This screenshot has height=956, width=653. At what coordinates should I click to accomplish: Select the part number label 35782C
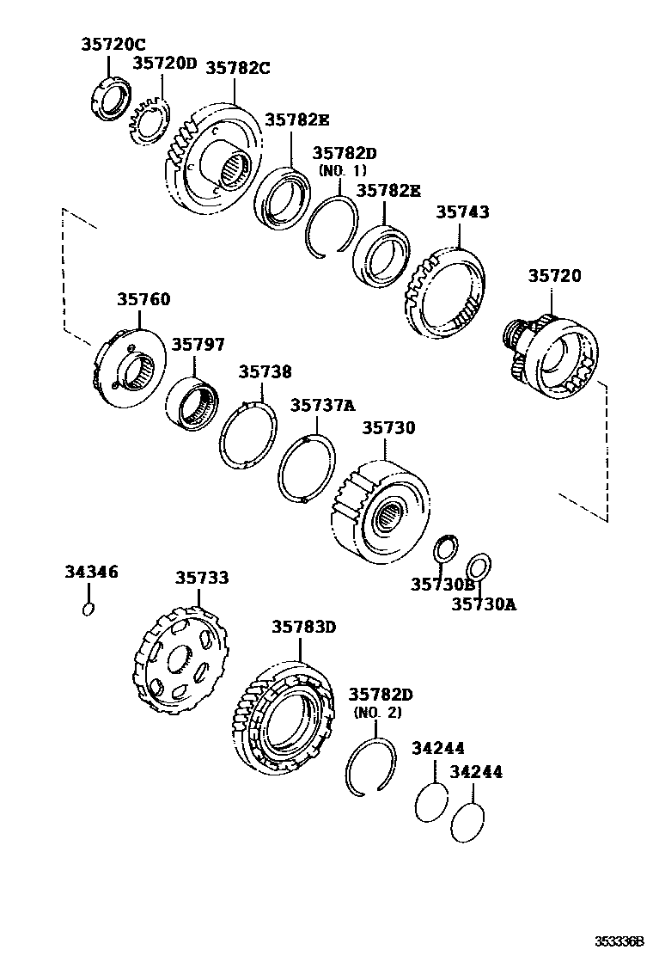tap(237, 68)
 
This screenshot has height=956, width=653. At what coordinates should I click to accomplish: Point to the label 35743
tap(462, 211)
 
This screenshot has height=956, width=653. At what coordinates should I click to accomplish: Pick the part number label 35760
tap(143, 300)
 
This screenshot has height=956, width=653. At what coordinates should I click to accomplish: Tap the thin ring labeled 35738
tap(247, 435)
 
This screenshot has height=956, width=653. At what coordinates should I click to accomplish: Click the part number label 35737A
tap(322, 405)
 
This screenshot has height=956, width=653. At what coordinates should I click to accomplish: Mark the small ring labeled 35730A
tap(479, 567)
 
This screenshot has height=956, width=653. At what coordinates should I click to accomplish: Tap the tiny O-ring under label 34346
tap(88, 609)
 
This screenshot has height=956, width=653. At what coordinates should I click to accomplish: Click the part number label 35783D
tap(303, 627)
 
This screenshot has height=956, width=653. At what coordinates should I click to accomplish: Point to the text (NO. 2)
tap(377, 713)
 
